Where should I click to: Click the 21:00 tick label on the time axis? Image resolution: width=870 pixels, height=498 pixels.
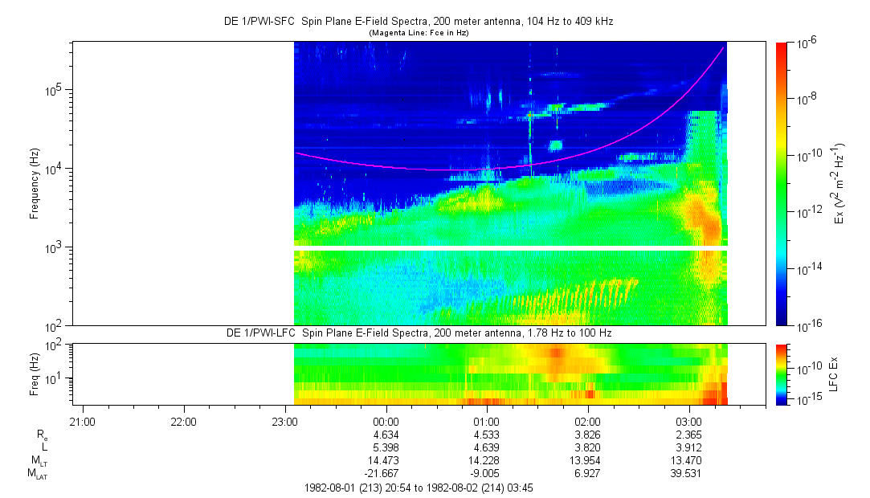(83, 421)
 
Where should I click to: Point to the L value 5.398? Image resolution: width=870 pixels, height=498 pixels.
(386, 447)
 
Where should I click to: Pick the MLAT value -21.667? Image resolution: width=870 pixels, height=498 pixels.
(383, 473)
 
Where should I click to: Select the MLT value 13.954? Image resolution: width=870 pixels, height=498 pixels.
(587, 460)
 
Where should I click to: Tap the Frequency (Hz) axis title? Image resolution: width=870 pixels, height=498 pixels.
(35, 184)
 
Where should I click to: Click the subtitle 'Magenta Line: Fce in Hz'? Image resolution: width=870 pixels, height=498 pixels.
(418, 33)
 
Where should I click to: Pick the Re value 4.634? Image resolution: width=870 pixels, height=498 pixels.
(386, 435)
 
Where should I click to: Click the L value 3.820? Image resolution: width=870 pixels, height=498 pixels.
(587, 447)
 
